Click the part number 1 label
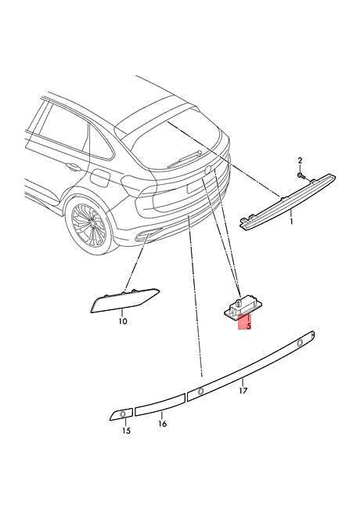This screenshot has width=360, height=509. pos(291,222)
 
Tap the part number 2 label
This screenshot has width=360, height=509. pos(300,160)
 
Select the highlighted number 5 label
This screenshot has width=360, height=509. pos(249,326)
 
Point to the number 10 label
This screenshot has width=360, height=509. pos(123,321)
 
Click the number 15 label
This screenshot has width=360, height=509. pos(126,431)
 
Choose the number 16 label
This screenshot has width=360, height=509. pos(163,424)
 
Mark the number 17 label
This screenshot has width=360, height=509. pos(243,391)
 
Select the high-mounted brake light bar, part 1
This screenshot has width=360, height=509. pos(287,202)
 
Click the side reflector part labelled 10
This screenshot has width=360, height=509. pos(125,300)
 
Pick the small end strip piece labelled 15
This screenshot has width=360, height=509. pos(121,414)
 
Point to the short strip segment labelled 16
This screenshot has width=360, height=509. pos(160,405)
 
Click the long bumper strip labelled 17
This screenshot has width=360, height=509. pos(250,364)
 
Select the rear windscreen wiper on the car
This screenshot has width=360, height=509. pos(182,159)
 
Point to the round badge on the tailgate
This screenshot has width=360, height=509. pos(207,169)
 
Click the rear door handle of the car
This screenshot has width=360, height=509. pos(74,167)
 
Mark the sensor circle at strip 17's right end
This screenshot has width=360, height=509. pos(301,342)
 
